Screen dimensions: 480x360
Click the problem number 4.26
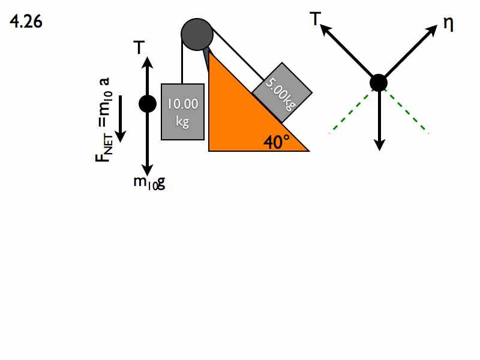(26, 22)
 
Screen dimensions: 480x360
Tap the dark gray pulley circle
(197, 34)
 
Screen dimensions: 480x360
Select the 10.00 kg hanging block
(183, 112)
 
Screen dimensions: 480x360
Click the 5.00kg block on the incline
(282, 92)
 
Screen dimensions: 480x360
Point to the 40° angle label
(277, 142)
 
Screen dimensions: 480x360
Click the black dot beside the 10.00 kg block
(148, 104)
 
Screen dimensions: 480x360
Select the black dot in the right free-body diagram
(379, 83)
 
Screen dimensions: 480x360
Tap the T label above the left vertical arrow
(139, 47)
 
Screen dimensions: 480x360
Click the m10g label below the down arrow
(149, 183)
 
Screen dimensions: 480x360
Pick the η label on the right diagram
(448, 24)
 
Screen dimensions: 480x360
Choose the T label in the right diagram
(316, 19)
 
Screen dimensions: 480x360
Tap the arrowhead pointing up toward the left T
(148, 62)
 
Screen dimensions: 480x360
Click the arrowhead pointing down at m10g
(148, 170)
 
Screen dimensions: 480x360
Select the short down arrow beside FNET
(121, 119)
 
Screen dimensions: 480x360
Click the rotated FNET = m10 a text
(104, 119)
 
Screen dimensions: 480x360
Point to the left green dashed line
(350, 112)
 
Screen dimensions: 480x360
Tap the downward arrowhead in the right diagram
(379, 145)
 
